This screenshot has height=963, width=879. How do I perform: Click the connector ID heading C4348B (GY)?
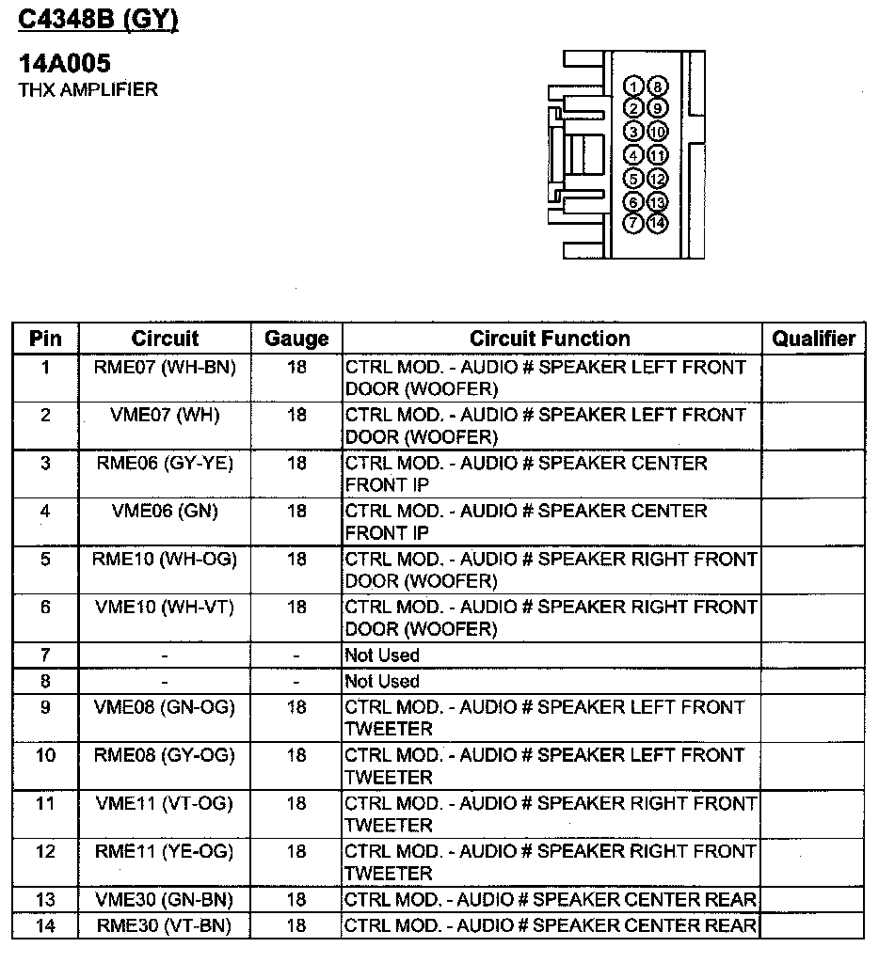(x=98, y=20)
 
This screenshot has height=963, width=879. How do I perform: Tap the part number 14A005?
(x=65, y=64)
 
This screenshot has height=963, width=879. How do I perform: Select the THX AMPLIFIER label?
(x=88, y=90)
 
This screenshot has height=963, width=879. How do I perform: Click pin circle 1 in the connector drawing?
(x=634, y=87)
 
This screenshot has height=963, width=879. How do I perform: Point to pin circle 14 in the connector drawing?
(x=657, y=224)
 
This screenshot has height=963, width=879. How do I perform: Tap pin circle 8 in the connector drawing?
(x=657, y=87)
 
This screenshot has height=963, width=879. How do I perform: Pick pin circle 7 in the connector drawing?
(x=634, y=224)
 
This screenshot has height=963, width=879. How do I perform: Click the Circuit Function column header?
(x=551, y=339)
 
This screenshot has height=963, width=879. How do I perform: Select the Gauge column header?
(x=296, y=339)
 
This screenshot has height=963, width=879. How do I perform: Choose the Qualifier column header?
(x=814, y=339)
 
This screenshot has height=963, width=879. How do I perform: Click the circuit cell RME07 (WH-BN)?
(x=165, y=368)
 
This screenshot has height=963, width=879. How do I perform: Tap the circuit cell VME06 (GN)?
(x=165, y=511)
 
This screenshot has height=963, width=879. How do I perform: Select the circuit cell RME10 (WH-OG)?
(x=165, y=560)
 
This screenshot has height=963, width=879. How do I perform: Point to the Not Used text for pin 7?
(x=382, y=655)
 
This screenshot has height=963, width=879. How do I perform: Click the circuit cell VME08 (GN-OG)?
(x=165, y=707)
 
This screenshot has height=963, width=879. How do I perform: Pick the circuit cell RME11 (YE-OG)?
(x=165, y=851)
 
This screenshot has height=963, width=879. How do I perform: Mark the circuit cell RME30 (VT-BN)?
(x=165, y=925)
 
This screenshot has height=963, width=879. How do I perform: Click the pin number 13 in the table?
(x=45, y=900)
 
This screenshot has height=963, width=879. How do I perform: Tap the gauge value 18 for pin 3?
(x=296, y=463)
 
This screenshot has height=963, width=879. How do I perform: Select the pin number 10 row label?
(x=45, y=755)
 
